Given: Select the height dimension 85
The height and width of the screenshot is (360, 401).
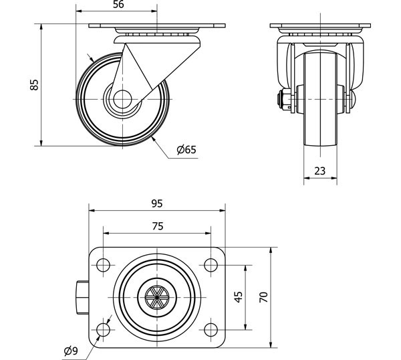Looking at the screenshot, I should [x=34, y=84].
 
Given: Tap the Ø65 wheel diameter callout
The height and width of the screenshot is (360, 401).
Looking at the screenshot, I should [x=186, y=150].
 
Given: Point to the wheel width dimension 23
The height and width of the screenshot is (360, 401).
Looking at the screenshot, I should [x=319, y=171].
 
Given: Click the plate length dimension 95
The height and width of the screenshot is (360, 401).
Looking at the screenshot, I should [x=157, y=203].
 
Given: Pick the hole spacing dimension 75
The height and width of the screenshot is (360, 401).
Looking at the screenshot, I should [x=157, y=226].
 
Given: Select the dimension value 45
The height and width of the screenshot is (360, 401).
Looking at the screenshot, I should [x=238, y=297].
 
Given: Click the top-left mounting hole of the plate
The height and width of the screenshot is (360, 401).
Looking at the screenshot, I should [x=104, y=265].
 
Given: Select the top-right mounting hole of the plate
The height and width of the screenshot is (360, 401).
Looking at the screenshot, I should [x=210, y=265].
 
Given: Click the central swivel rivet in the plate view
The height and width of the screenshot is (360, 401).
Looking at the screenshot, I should [x=157, y=297].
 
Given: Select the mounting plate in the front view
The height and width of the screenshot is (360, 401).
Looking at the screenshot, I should [x=319, y=27].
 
